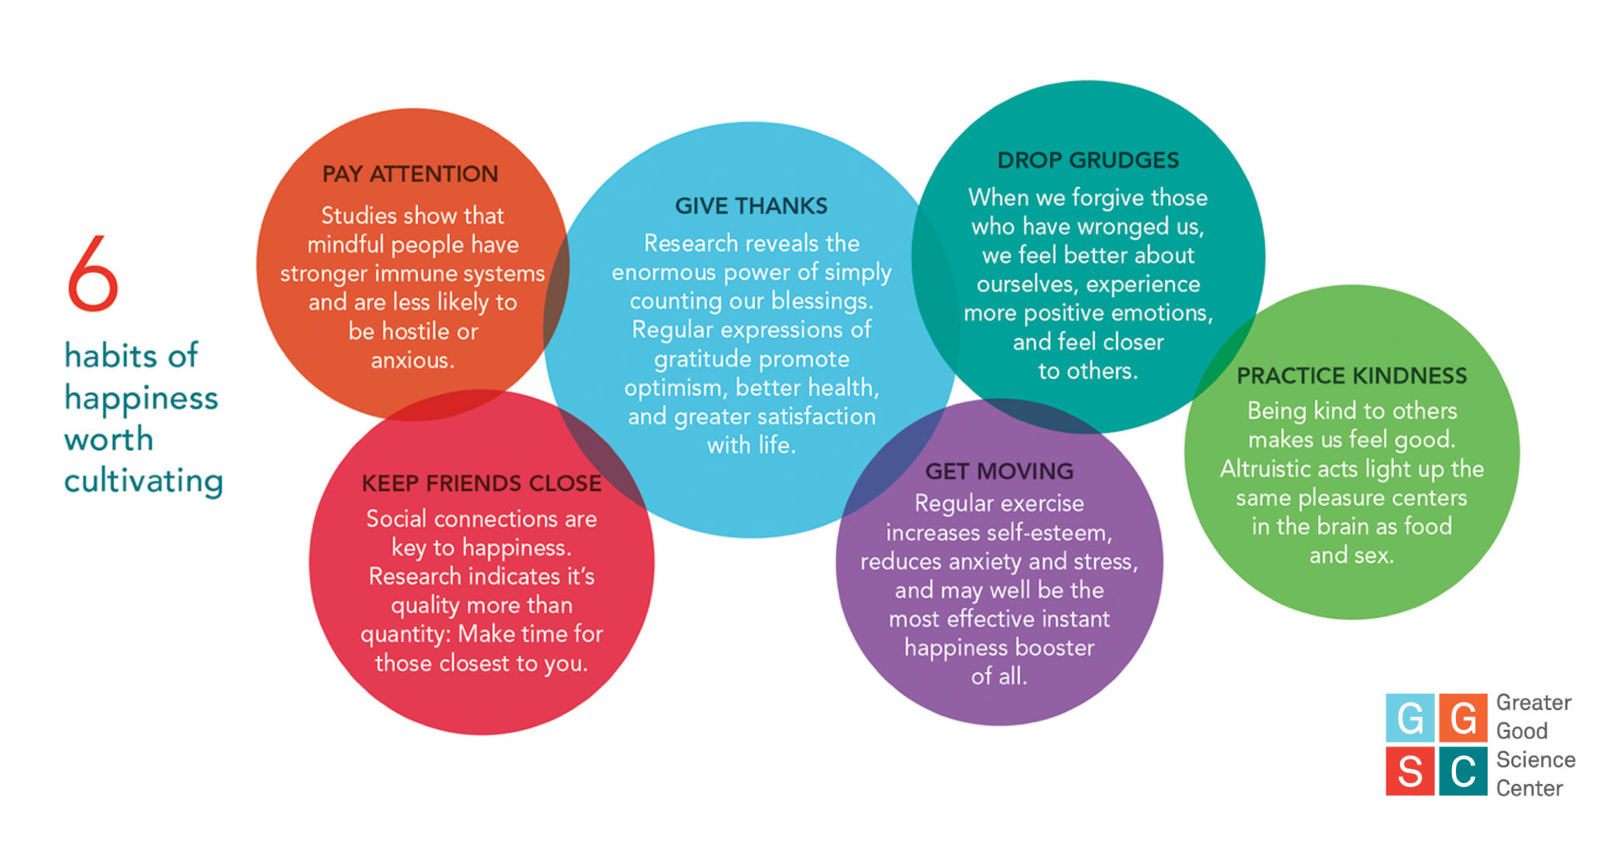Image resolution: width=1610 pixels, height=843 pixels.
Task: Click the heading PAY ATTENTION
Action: (410, 174)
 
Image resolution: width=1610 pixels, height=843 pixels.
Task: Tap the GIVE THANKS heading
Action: (751, 207)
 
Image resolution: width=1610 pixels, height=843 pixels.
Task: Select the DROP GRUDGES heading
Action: (1088, 160)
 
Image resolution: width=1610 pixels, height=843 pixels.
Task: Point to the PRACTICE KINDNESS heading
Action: (1351, 376)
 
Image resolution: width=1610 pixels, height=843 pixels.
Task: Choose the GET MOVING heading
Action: (999, 471)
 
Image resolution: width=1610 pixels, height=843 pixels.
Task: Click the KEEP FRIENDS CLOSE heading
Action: (482, 484)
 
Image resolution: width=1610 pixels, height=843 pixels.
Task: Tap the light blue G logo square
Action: (1410, 718)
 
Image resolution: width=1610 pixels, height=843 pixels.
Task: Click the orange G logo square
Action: (1462, 718)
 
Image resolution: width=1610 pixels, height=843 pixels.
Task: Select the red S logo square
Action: (1410, 771)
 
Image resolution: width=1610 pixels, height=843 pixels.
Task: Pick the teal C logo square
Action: (1462, 771)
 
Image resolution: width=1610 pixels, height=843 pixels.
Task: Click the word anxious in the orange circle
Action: (411, 361)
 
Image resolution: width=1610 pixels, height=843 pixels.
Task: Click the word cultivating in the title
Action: (143, 481)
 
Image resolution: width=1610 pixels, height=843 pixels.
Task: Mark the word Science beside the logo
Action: (1535, 760)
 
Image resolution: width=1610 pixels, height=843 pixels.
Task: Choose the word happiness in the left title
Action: (141, 399)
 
